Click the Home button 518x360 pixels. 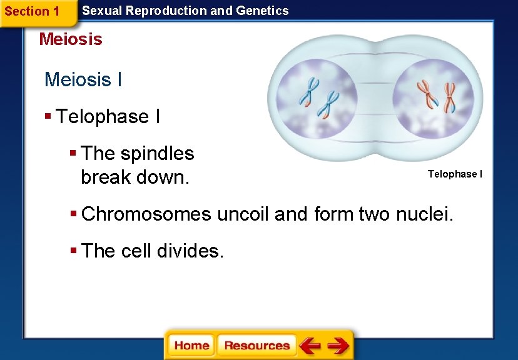click(x=191, y=346)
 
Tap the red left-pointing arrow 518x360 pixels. click(x=310, y=346)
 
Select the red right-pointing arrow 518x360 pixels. click(x=338, y=346)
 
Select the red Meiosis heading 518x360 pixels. click(x=70, y=39)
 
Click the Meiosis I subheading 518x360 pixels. click(x=83, y=80)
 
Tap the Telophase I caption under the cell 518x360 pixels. click(x=455, y=174)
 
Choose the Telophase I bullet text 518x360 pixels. click(x=108, y=117)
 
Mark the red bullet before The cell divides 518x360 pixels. click(x=73, y=250)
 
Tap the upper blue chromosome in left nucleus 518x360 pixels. click(x=308, y=91)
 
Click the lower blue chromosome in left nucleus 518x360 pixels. click(x=328, y=104)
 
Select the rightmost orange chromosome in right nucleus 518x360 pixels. click(x=449, y=97)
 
